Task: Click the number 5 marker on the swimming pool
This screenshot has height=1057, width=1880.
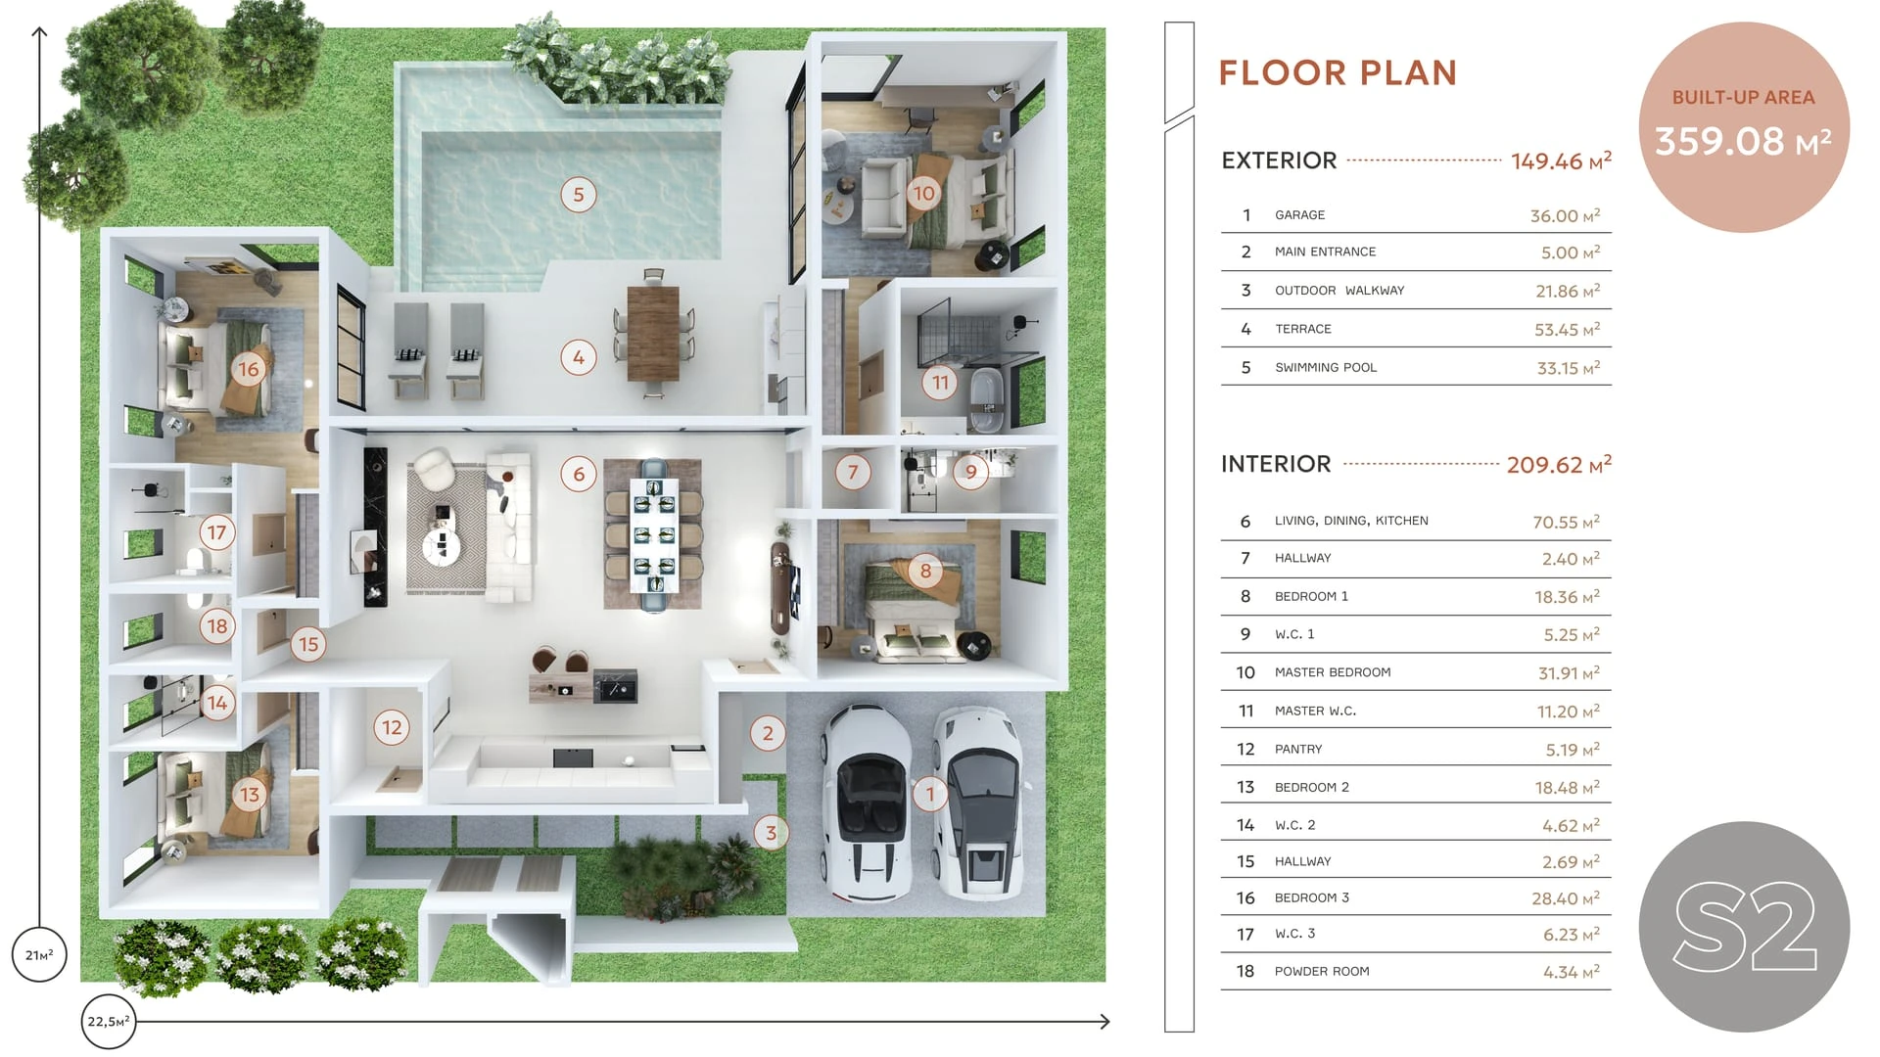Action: click(579, 195)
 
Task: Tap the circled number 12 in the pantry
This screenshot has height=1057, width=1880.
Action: click(392, 727)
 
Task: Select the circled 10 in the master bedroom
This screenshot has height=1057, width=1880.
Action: click(923, 193)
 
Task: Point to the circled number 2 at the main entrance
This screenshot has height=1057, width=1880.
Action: click(768, 733)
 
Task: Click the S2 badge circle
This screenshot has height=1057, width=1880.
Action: click(1744, 926)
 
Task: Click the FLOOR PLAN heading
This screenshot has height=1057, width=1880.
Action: click(1338, 72)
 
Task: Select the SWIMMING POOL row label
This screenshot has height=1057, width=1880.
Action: click(1326, 368)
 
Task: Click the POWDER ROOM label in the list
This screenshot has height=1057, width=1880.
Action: click(1322, 972)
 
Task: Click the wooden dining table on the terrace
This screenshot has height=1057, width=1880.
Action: click(653, 333)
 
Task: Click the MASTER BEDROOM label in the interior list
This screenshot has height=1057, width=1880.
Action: click(1333, 672)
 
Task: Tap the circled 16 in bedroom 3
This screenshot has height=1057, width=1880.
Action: click(249, 369)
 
